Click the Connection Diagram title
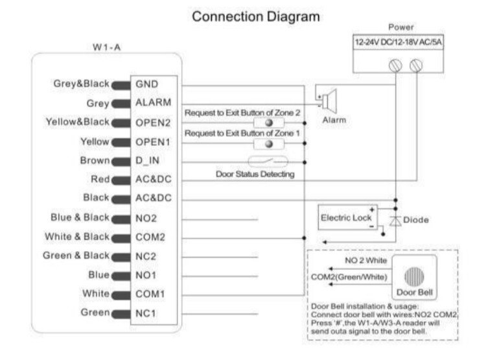(x=256, y=17)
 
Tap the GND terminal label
(x=147, y=84)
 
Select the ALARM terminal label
(x=154, y=102)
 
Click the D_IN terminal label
(x=148, y=160)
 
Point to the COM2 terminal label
(x=150, y=237)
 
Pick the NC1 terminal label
(x=146, y=313)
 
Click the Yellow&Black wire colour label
(x=78, y=122)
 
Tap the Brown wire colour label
(x=95, y=160)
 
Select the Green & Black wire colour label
(x=76, y=256)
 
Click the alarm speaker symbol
(x=329, y=101)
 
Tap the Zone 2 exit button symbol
(x=269, y=123)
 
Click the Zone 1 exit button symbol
(x=269, y=144)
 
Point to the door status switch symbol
(x=268, y=162)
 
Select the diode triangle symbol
(x=395, y=221)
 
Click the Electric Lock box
(x=348, y=217)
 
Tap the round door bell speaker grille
(x=415, y=276)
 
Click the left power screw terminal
(x=395, y=66)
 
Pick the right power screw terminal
(x=416, y=66)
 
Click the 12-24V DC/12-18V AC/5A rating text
(x=399, y=42)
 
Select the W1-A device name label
(x=107, y=47)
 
